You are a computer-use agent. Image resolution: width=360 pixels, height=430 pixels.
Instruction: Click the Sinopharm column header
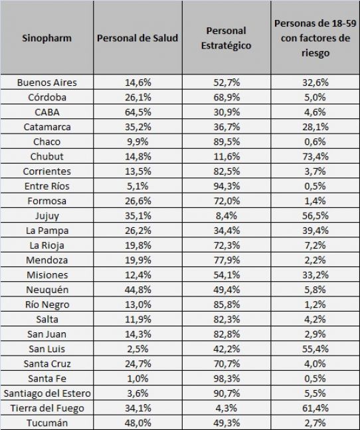click(x=47, y=38)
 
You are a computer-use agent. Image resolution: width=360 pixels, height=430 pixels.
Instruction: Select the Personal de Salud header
click(x=137, y=38)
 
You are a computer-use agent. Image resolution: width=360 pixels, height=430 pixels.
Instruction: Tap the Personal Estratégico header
click(x=226, y=38)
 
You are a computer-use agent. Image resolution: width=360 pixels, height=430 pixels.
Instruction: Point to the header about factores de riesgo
click(x=315, y=38)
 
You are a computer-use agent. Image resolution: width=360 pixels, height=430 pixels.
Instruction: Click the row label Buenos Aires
click(x=47, y=82)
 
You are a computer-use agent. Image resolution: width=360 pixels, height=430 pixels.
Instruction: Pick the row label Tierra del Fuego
click(x=47, y=408)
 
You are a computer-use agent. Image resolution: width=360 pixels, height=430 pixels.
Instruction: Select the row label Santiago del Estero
click(x=47, y=393)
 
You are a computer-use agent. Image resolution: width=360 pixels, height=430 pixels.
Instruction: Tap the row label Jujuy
click(x=47, y=216)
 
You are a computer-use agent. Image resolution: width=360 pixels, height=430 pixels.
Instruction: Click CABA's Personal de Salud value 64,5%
click(x=137, y=112)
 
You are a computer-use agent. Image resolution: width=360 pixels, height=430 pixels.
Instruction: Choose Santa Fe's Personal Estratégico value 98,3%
click(x=226, y=379)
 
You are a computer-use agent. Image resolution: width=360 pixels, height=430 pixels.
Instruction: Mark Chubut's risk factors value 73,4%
click(x=315, y=157)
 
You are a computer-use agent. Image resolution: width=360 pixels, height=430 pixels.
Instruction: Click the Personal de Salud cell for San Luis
click(x=137, y=349)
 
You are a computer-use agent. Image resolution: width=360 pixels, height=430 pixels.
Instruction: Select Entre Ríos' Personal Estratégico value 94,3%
click(x=226, y=186)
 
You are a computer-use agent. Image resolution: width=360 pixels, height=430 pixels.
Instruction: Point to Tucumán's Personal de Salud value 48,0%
click(x=137, y=423)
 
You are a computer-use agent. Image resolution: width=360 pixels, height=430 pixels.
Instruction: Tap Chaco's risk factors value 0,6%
click(x=315, y=142)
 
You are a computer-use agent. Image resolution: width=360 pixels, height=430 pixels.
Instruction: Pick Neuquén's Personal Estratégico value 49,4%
click(x=226, y=290)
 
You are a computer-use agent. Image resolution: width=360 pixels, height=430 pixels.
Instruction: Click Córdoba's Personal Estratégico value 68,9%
click(x=226, y=97)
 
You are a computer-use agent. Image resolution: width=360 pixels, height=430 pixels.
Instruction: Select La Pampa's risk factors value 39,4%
click(x=315, y=231)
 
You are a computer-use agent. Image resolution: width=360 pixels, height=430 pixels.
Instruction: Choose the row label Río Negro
click(x=47, y=304)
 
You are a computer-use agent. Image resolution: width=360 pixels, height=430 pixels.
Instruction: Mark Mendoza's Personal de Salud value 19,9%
click(x=137, y=261)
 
